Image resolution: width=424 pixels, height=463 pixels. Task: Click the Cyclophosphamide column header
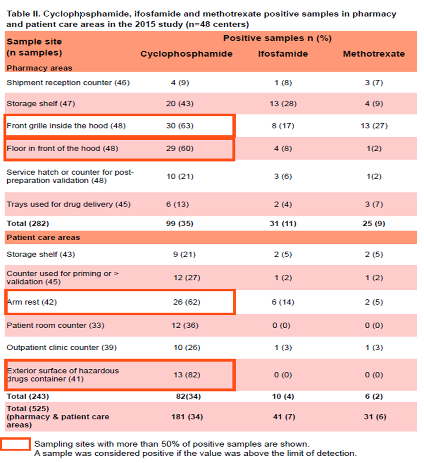(x=186, y=54)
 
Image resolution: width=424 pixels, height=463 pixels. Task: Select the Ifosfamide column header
(x=283, y=54)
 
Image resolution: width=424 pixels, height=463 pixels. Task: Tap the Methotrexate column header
(x=373, y=54)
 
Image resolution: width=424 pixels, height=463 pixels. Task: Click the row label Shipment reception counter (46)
(x=68, y=83)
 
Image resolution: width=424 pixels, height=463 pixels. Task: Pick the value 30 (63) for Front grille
(x=180, y=126)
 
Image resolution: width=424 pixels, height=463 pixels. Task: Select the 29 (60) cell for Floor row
(x=180, y=148)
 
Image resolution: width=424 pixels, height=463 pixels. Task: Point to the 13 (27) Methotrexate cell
(x=373, y=126)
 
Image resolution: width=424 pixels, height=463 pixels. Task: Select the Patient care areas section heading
(x=43, y=238)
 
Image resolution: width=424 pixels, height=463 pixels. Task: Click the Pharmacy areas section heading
(x=39, y=68)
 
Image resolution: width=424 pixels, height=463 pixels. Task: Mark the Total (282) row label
(x=28, y=223)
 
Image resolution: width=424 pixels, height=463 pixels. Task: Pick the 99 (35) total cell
(x=180, y=223)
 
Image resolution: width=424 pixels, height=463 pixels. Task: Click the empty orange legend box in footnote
(x=15, y=444)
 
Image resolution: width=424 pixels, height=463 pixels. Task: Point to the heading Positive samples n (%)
(x=277, y=38)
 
